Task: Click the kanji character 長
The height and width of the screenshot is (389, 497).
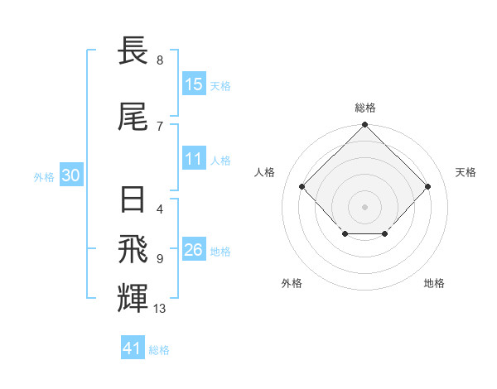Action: coord(133,52)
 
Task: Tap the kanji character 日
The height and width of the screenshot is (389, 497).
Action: coord(133,199)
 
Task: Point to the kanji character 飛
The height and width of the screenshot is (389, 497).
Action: coord(133,249)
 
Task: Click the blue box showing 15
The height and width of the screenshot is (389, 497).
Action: coord(194,84)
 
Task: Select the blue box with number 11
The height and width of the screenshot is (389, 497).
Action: coord(194,160)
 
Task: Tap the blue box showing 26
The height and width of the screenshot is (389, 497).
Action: coord(194,250)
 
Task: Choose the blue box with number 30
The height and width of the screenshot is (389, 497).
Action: coord(70,175)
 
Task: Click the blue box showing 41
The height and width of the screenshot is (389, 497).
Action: coord(133,348)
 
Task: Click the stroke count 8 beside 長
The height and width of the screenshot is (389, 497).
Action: coord(159,60)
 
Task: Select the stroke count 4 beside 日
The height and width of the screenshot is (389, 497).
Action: coord(159,209)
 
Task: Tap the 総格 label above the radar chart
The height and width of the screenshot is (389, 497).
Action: coord(364,108)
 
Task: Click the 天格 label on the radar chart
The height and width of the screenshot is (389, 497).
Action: coord(466,172)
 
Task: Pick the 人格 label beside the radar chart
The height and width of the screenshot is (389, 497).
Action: coord(264,172)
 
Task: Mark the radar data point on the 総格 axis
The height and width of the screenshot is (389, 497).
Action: coord(364,125)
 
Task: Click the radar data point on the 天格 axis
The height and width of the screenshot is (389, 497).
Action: coord(427,186)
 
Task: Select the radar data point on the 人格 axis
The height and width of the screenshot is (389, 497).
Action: coord(302,186)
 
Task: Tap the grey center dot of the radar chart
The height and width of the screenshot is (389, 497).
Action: coord(364,206)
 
